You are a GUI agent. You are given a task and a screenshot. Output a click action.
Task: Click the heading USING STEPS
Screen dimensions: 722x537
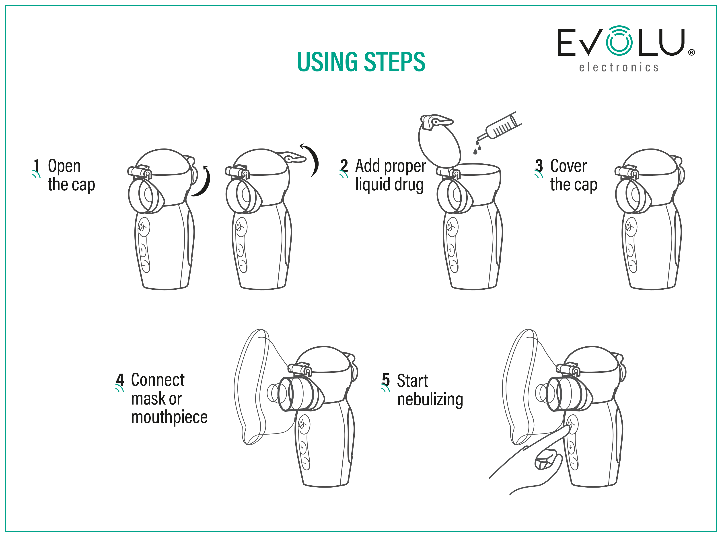tap(361, 61)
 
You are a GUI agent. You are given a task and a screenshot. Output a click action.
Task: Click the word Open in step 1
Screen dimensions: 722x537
tap(64, 167)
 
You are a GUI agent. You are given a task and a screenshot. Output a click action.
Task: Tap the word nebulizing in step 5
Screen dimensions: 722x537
tap(430, 399)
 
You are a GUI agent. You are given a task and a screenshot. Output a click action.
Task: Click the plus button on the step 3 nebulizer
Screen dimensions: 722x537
tap(629, 250)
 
